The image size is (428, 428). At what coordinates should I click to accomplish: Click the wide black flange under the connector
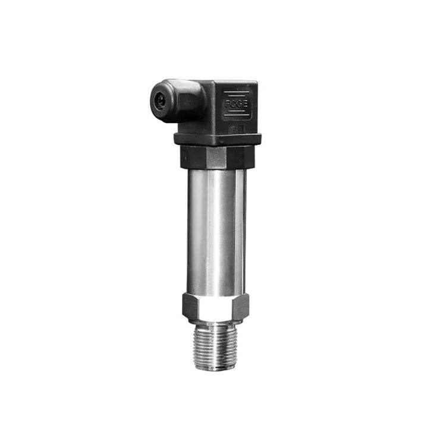tap(217, 139)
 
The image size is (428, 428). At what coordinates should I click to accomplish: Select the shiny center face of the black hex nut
tap(216, 157)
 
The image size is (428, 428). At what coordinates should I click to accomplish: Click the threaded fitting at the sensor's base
tap(215, 348)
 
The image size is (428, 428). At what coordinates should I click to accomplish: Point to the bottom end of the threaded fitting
tap(215, 368)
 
